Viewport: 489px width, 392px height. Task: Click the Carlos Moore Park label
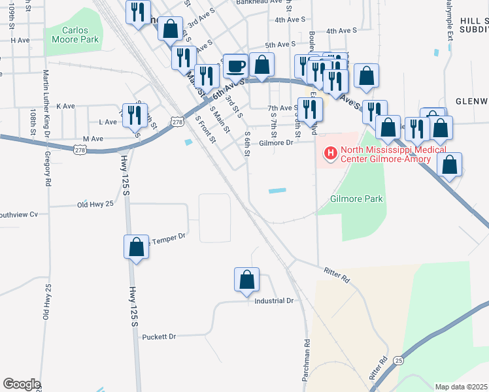80,35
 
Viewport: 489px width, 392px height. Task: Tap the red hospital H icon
331,154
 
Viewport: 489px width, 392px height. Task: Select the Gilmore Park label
356,199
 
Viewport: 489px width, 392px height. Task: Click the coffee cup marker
235,65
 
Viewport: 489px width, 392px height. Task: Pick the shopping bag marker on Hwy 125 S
136,248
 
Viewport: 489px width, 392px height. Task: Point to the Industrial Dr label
275,301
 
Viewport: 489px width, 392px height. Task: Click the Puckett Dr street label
160,336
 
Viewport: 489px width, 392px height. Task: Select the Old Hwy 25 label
95,204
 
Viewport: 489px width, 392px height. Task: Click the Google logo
22,384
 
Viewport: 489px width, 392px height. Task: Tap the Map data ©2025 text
461,387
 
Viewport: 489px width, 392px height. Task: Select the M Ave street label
93,139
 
